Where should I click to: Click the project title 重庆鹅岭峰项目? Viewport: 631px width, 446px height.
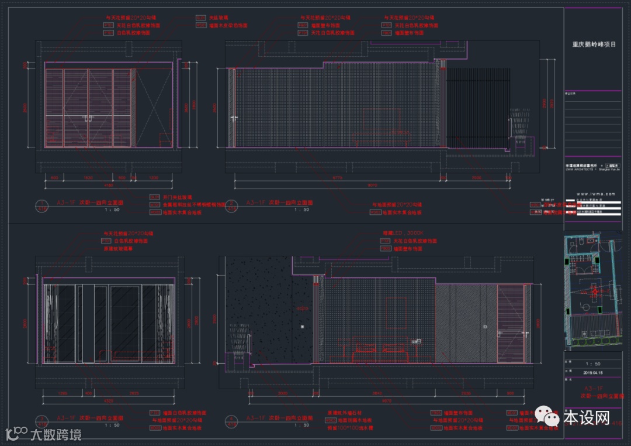[x=594, y=44]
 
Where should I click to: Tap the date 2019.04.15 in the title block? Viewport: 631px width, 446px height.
[x=593, y=372]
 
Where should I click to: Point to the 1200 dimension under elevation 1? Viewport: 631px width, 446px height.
[x=153, y=177]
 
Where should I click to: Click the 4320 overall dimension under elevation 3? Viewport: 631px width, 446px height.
[x=109, y=402]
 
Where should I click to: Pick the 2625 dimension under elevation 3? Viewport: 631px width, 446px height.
[x=134, y=393]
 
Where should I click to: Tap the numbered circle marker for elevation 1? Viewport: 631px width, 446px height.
[x=42, y=206]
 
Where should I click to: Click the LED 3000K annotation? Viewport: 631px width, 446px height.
[x=403, y=233]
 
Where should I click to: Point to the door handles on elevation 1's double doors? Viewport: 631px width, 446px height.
[x=88, y=119]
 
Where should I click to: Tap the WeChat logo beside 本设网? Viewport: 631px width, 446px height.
[x=549, y=417]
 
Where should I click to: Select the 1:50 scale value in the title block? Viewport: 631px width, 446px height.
[x=593, y=363]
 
